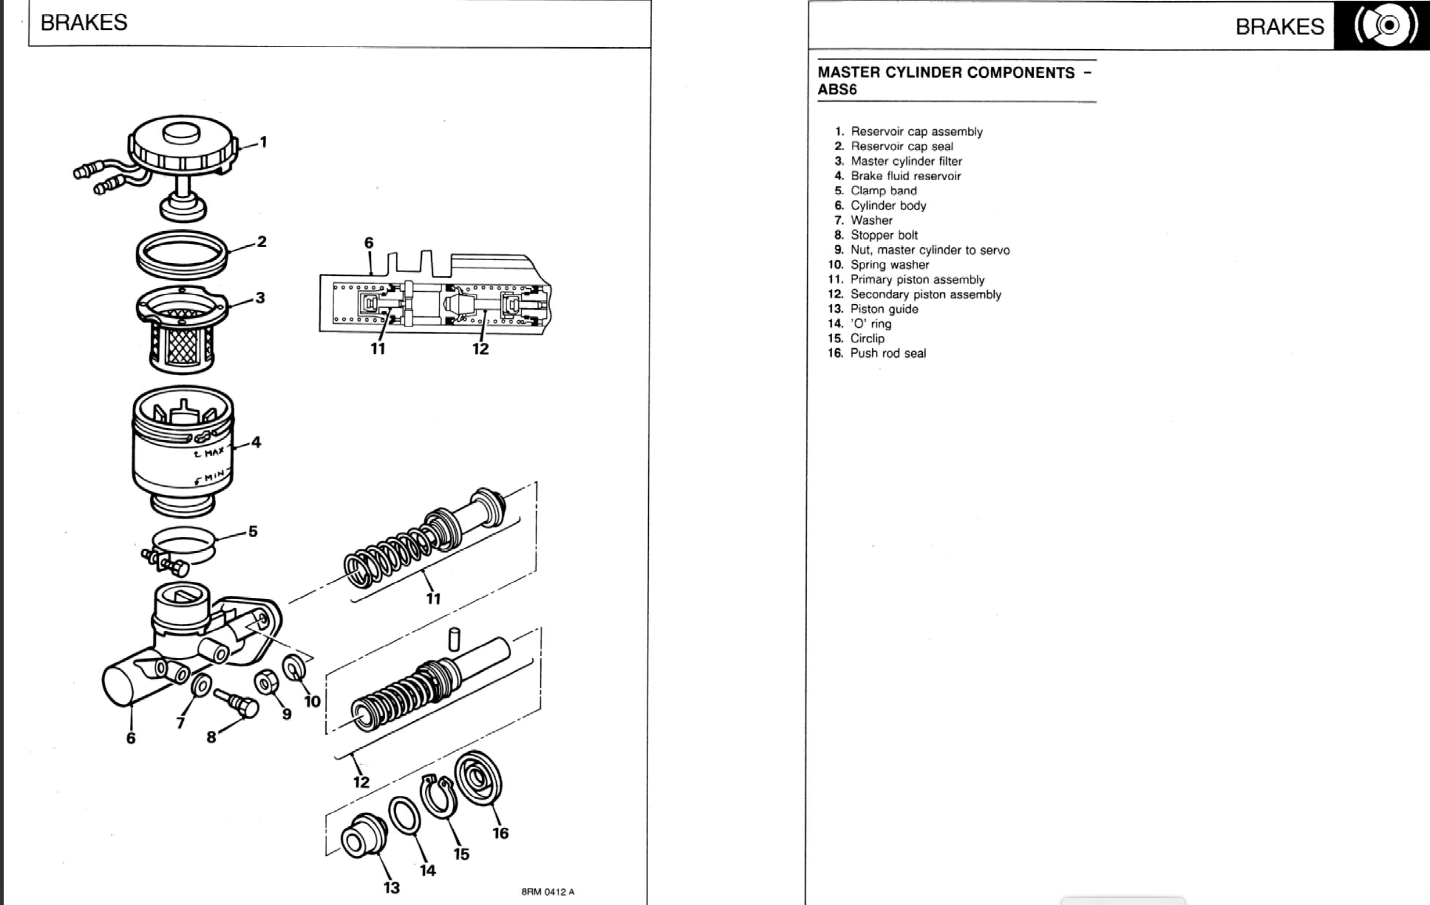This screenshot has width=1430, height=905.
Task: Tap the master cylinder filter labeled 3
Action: point(182,331)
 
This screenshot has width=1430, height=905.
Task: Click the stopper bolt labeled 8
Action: point(238,702)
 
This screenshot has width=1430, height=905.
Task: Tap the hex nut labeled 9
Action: point(266,682)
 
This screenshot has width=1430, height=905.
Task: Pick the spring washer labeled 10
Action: point(295,668)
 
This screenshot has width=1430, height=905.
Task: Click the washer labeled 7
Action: point(201,685)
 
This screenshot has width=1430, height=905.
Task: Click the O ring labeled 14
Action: point(404,815)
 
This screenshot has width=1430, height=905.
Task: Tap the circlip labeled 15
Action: point(437,797)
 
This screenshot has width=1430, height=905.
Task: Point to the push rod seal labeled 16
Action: point(478,777)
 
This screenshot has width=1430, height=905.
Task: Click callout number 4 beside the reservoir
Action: point(256,441)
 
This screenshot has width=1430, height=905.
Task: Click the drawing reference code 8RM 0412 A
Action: point(548,892)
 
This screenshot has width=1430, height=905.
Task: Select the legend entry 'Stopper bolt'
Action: point(884,235)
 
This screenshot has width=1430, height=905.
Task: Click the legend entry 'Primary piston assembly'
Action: point(917,280)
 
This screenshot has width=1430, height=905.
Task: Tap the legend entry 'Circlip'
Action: point(866,338)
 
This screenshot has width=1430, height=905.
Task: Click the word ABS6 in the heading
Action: point(837,90)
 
